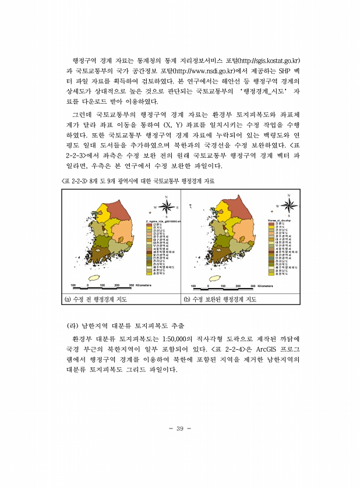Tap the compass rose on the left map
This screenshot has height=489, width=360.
[167, 207]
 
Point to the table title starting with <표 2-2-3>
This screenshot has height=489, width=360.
[137, 182]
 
